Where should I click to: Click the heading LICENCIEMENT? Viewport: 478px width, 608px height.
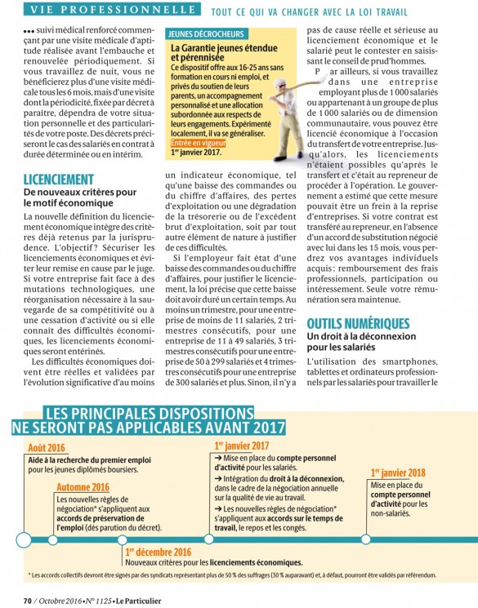[59, 179]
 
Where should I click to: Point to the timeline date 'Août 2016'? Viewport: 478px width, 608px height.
[46, 447]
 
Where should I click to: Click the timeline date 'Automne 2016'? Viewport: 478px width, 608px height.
[83, 487]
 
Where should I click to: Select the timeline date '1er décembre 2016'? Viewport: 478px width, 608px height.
[159, 552]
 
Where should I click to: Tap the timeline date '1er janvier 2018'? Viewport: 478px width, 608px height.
[397, 473]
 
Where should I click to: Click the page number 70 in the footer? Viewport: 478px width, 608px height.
[27, 600]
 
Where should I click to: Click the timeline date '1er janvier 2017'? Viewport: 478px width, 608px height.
[241, 446]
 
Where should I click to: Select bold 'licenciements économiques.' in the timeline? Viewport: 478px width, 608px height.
[254, 561]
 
